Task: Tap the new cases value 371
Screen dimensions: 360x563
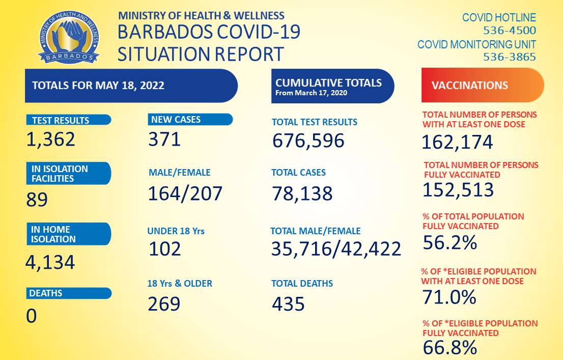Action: click(164, 139)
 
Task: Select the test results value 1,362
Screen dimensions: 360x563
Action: click(50, 139)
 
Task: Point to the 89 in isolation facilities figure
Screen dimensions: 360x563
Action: click(37, 199)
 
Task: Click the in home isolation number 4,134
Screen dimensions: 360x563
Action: click(50, 262)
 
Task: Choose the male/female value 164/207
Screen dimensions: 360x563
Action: click(185, 193)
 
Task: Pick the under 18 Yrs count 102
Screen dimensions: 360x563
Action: click(164, 249)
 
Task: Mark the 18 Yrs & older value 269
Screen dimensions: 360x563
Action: click(164, 303)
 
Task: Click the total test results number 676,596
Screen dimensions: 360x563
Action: click(308, 140)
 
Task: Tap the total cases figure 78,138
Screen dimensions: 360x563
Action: click(302, 193)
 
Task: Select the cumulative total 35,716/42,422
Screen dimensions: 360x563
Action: click(336, 249)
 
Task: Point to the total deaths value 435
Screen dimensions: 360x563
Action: click(288, 304)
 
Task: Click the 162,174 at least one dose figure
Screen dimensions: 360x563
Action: click(457, 142)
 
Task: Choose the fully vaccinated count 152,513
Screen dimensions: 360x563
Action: click(458, 190)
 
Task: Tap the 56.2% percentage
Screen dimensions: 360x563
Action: click(449, 243)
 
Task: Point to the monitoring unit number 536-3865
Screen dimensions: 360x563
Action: click(510, 57)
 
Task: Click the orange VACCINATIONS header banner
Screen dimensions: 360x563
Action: click(482, 85)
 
